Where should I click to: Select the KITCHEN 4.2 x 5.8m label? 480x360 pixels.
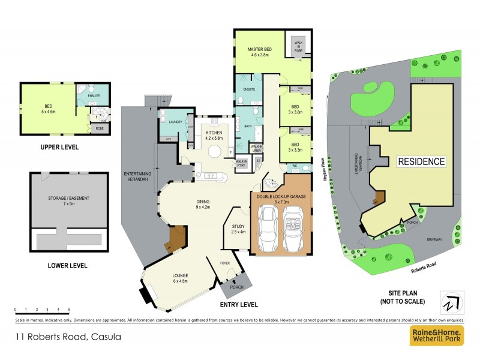215,134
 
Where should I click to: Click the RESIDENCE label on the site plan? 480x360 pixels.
421,161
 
